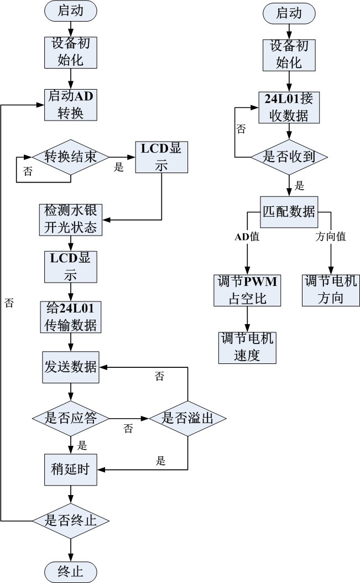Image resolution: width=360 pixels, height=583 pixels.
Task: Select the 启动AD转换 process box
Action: pos(71,105)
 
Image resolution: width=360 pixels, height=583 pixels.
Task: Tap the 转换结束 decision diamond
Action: pos(70,157)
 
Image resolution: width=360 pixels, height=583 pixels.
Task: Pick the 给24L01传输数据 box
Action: pos(70,317)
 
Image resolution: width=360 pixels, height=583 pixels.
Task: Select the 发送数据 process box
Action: pos(70,367)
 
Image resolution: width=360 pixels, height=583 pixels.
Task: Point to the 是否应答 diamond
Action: pos(70,418)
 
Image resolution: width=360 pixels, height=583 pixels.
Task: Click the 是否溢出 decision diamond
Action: pos(187,418)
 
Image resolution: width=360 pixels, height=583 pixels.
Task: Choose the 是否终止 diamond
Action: pos(70,520)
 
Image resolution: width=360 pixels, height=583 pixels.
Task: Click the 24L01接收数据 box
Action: pos(289,107)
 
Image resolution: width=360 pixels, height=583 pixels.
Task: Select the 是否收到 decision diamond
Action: pos(289,157)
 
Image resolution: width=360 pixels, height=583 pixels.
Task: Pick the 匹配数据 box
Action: pos(289,211)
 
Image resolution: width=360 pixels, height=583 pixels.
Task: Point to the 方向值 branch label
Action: pos(330,237)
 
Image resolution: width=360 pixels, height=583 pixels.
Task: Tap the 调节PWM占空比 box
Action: pos(247,290)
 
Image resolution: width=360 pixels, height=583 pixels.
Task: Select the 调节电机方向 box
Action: pos(330,290)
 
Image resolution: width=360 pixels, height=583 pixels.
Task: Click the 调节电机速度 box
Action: pos(247,347)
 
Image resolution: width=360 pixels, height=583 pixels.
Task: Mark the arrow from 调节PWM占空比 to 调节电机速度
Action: pos(247,319)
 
